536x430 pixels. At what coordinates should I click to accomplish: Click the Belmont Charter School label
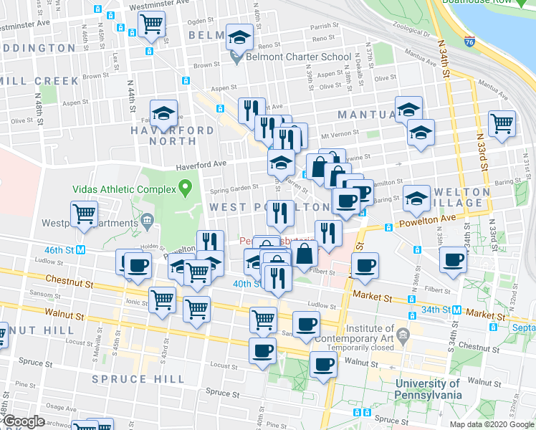tap(299, 57)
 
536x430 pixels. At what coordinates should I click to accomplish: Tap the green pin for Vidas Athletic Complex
tap(186, 189)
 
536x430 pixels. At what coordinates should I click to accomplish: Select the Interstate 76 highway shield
tap(469, 42)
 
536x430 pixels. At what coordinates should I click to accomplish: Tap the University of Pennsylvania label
tap(429, 388)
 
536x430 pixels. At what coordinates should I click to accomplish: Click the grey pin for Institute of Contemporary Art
tap(403, 335)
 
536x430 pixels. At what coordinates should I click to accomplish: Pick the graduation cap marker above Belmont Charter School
tap(240, 36)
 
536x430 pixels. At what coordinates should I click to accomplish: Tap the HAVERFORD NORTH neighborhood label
tap(172, 136)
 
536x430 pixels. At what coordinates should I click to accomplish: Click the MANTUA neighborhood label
tap(365, 115)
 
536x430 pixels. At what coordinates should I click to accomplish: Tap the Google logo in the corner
tap(24, 422)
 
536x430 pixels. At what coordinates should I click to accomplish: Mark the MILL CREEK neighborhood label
tap(28, 81)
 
